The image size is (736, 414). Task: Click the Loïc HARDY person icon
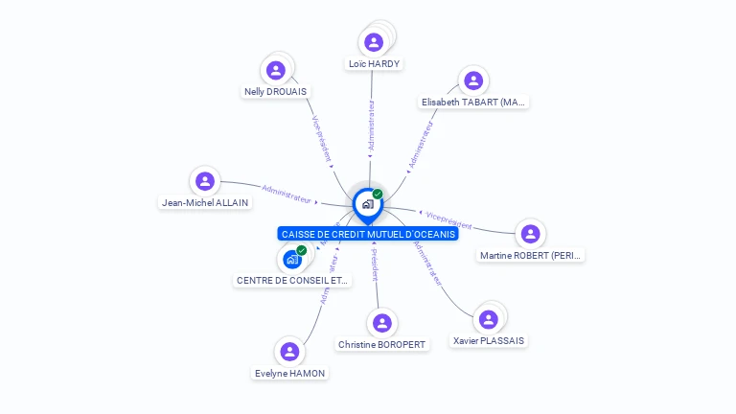[374, 42]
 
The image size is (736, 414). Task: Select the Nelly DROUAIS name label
[275, 92]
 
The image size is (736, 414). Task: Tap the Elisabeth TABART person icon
[472, 80]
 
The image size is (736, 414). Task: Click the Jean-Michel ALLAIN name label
[205, 202]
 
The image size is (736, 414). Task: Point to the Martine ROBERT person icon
[530, 234]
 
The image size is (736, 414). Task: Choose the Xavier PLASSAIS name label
[489, 341]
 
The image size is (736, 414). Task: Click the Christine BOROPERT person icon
[382, 323]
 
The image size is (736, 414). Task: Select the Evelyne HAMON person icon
[289, 352]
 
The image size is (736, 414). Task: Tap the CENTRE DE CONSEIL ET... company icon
[292, 259]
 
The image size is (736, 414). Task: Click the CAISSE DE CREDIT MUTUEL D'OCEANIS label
[369, 234]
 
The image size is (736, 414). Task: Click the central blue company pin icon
[367, 204]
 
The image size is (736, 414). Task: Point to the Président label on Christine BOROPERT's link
[374, 264]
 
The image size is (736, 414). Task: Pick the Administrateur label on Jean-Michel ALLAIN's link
[287, 194]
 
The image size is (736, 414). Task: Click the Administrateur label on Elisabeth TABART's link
[421, 145]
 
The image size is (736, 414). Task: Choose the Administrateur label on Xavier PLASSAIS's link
[428, 263]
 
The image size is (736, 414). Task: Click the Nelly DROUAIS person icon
[276, 70]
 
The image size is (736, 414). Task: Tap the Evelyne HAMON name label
[289, 373]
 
